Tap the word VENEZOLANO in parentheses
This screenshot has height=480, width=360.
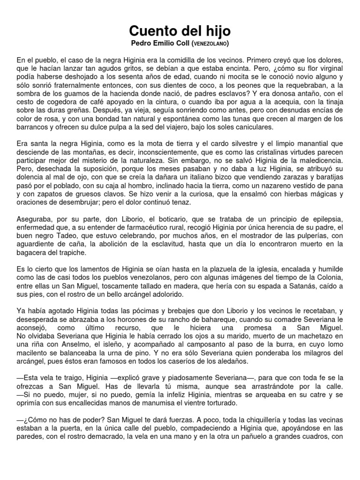point(210,44)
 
